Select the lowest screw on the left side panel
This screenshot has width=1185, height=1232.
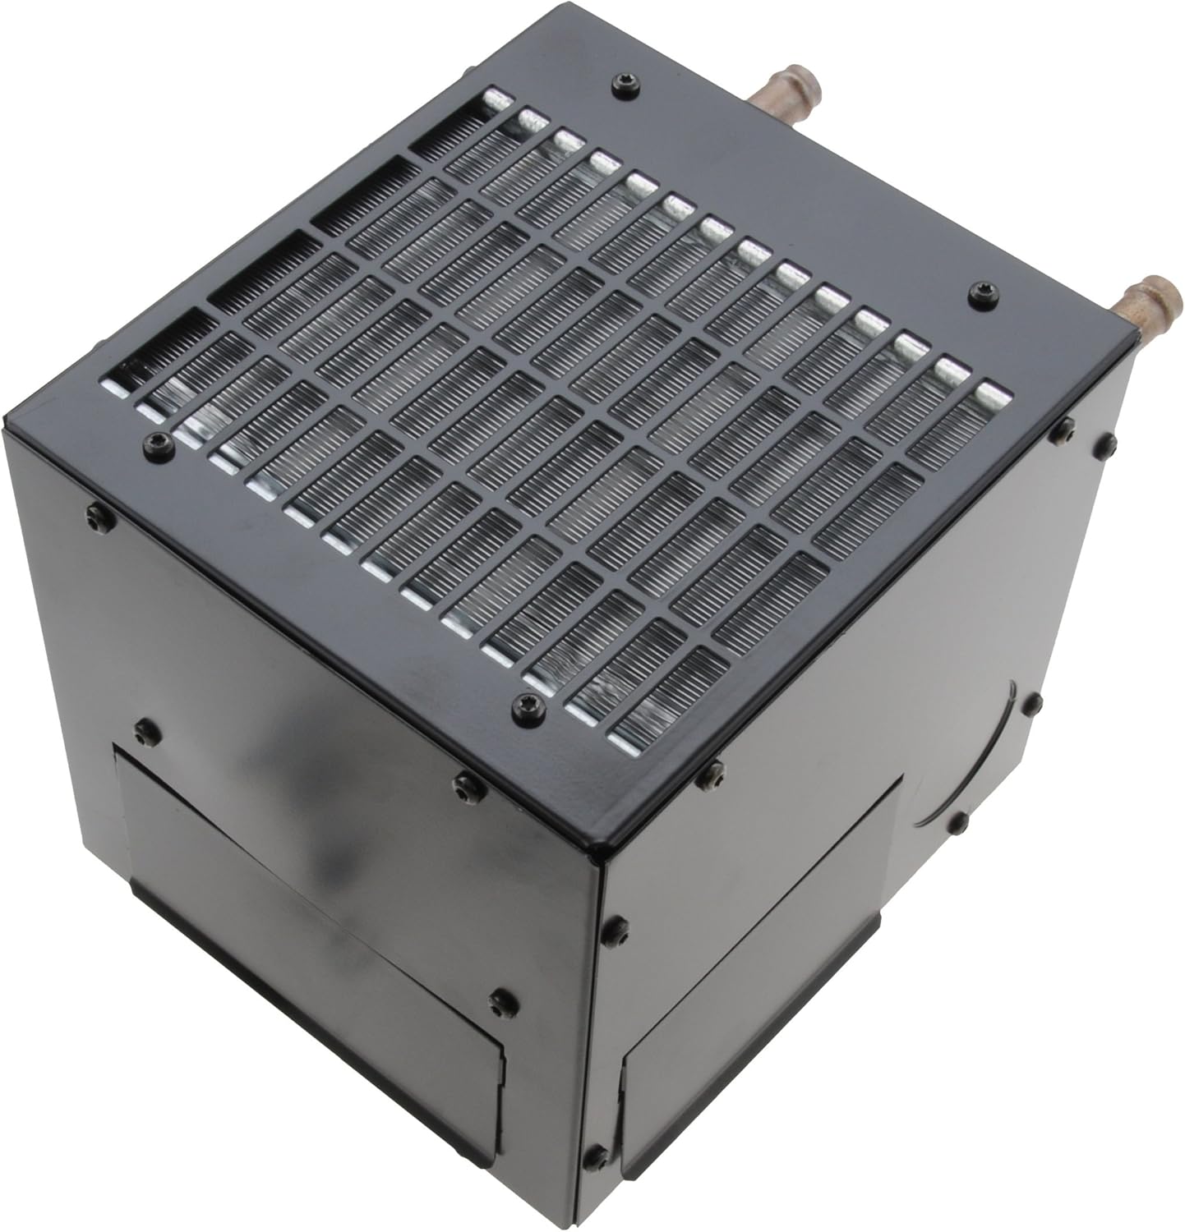tap(499, 1002)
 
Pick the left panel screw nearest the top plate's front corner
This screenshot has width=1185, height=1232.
tap(466, 785)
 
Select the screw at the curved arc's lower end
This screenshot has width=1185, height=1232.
tap(957, 822)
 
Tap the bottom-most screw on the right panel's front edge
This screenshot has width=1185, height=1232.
tap(594, 1155)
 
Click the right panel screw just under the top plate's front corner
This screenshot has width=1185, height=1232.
tap(712, 772)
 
